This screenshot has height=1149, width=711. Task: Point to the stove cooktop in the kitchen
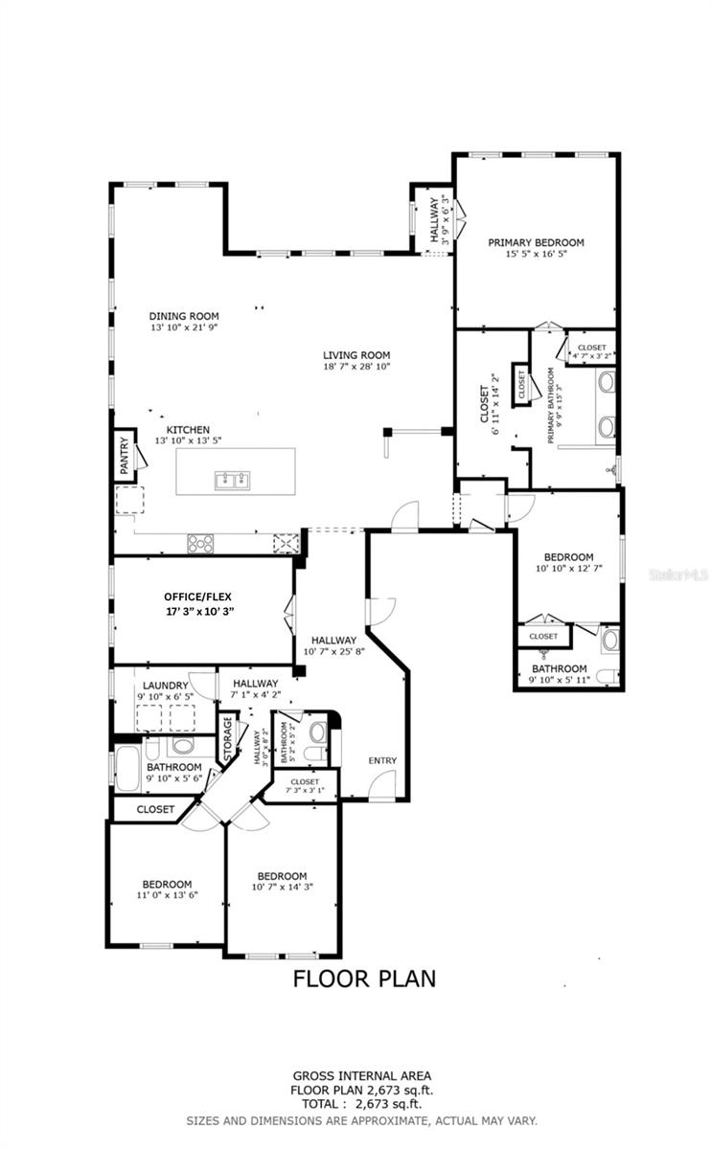(202, 543)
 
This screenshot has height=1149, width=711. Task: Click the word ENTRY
(382, 760)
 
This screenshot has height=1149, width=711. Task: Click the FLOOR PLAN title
(364, 978)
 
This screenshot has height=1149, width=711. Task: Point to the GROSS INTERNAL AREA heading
(362, 1076)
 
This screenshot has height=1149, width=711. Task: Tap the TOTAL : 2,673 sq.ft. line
(362, 1104)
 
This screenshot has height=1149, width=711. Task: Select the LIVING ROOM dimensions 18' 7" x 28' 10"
(356, 366)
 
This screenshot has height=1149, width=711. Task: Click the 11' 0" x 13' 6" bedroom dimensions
(167, 896)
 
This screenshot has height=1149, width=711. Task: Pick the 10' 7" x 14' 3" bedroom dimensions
(282, 888)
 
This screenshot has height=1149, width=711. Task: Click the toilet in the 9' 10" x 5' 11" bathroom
(605, 678)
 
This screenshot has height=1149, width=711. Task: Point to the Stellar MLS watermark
(677, 575)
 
